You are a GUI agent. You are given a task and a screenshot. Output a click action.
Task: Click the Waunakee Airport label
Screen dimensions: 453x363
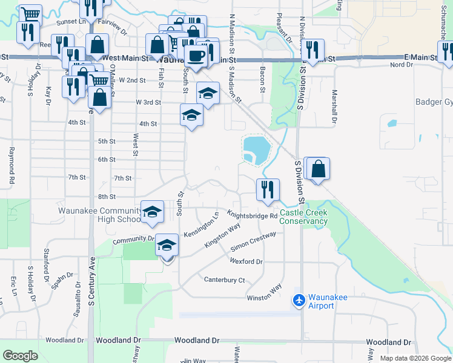(321, 301)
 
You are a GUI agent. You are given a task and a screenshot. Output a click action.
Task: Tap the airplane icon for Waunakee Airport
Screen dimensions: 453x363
(299, 299)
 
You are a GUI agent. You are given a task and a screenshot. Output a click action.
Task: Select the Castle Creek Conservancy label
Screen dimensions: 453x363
(303, 217)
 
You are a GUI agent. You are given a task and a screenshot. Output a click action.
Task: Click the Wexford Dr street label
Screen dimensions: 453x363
(246, 261)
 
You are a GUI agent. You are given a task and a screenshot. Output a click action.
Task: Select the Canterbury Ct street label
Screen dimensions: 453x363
(224, 280)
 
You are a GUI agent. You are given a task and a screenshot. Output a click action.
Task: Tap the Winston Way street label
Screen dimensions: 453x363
(264, 293)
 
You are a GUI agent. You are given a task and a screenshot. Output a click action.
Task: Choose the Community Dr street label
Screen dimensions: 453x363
(134, 239)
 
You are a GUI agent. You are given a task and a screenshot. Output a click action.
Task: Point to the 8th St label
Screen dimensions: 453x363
(106, 197)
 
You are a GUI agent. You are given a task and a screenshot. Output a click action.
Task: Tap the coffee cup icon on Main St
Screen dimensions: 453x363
(195, 56)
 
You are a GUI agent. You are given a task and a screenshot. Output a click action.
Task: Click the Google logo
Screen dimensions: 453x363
(21, 356)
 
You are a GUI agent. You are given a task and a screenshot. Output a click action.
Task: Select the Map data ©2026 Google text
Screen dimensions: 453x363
(415, 358)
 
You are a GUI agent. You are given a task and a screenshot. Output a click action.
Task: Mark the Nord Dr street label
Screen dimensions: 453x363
(401, 65)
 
